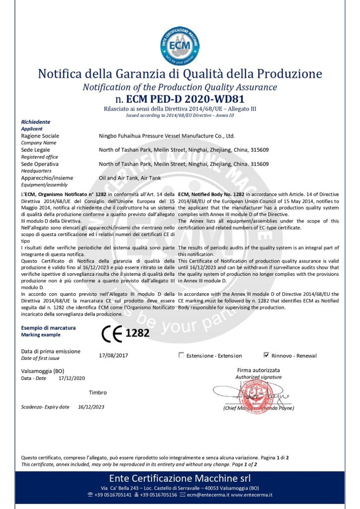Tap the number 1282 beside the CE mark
pos(137,333)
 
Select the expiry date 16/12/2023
pos(91,407)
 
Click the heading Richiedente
pos(36,122)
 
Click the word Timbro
pos(97,392)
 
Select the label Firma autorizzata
pos(259,370)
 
